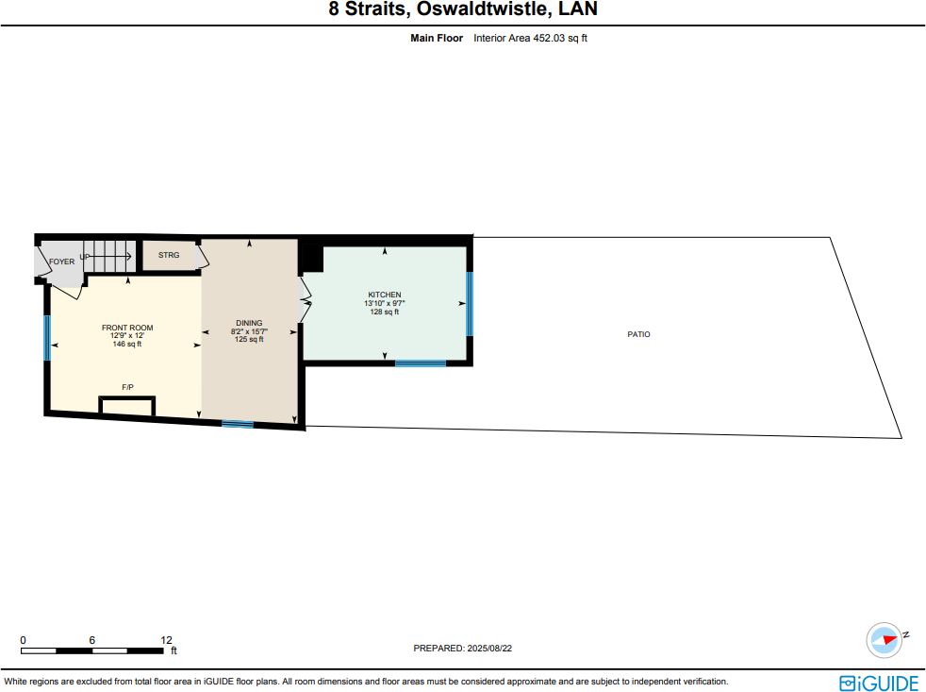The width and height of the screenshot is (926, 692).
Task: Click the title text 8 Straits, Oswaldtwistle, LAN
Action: point(462,10)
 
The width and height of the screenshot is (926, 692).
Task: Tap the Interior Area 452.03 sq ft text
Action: point(531,39)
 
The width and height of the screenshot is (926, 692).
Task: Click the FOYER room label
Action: point(61,262)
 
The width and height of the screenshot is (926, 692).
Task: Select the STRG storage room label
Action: point(168,256)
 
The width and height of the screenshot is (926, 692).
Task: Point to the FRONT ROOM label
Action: point(127,328)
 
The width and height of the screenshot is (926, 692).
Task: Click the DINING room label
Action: point(249,323)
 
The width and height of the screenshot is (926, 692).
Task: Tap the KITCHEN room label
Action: point(385,295)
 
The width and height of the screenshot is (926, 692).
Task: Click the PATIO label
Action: point(638,334)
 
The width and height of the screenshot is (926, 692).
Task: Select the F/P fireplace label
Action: point(127,388)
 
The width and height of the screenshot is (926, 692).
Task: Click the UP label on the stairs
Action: point(85,257)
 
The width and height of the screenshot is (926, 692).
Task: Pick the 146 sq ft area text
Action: point(127,344)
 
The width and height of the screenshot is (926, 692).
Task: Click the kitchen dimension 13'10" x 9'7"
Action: point(385,303)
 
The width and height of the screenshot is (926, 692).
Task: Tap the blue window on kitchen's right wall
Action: point(469,303)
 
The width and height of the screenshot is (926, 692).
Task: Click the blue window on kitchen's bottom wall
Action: point(420,363)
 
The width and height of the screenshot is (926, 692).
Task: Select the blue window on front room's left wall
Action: point(46,337)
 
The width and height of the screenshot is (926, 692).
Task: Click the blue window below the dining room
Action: point(238,424)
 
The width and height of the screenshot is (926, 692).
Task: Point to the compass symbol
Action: point(885,640)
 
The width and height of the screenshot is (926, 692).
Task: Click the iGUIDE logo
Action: point(878,682)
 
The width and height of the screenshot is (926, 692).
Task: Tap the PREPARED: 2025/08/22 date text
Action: point(462,649)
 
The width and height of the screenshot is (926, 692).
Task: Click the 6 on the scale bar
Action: point(91,639)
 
